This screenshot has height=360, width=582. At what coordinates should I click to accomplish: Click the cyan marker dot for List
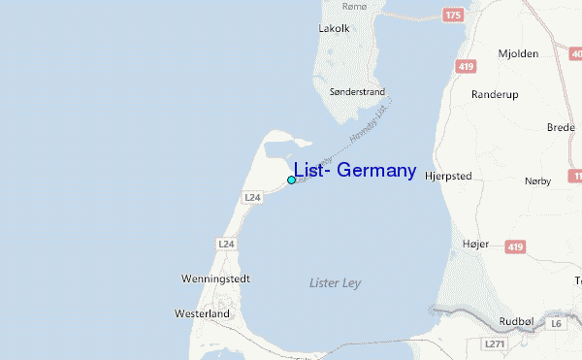[x=291, y=180]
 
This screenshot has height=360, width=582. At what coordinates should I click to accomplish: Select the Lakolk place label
[x=334, y=28]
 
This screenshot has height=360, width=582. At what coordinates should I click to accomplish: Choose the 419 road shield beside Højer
[x=514, y=246]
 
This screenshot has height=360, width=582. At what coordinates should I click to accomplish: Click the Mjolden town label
[x=518, y=54]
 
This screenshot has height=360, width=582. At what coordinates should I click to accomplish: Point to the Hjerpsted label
[x=448, y=178]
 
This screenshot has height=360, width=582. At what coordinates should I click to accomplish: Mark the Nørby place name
[x=537, y=181]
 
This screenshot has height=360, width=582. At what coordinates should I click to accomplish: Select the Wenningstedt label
[x=215, y=279]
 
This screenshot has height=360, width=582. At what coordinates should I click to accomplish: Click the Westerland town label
[x=203, y=314]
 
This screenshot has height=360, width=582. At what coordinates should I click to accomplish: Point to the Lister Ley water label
[x=334, y=283]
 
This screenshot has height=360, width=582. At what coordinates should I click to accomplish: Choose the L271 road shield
[x=496, y=344]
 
